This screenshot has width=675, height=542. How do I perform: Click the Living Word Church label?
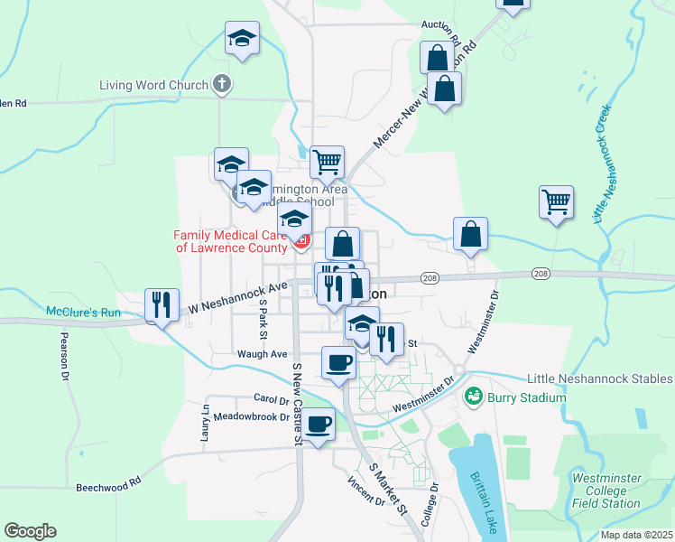[153, 86]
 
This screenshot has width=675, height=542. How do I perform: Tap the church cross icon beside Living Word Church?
[221, 86]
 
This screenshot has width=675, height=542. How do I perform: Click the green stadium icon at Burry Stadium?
[473, 397]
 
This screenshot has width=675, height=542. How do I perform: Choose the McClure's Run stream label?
[83, 313]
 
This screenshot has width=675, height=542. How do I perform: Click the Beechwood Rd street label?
[109, 484]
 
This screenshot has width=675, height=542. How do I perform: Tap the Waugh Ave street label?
[262, 354]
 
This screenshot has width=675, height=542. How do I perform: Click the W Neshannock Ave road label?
[236, 299]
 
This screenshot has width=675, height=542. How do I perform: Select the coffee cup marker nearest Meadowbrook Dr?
[318, 425]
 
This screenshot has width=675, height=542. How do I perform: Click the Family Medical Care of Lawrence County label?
[230, 241]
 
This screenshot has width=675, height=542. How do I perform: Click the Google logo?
[30, 531]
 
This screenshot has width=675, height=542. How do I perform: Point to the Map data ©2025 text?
[636, 535]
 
